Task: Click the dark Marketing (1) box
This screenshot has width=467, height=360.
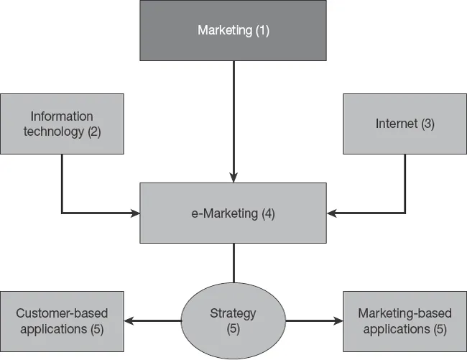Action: (233, 30)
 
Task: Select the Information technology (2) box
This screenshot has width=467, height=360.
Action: (62, 124)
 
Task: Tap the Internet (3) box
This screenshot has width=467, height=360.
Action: (404, 124)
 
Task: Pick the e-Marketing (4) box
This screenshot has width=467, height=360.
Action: (233, 213)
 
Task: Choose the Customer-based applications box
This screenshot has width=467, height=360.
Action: (62, 320)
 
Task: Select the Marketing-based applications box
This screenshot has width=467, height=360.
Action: (404, 320)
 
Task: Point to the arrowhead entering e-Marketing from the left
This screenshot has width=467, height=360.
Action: (134, 213)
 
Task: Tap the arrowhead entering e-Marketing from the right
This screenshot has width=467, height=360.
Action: (332, 213)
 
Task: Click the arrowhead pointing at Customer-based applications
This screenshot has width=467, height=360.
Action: (130, 320)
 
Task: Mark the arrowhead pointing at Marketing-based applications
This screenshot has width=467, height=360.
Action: (337, 320)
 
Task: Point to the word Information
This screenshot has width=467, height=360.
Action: (62, 116)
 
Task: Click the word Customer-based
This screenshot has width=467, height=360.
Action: (62, 313)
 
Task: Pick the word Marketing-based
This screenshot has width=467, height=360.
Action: (404, 313)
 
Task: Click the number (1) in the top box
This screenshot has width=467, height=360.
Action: (262, 31)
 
